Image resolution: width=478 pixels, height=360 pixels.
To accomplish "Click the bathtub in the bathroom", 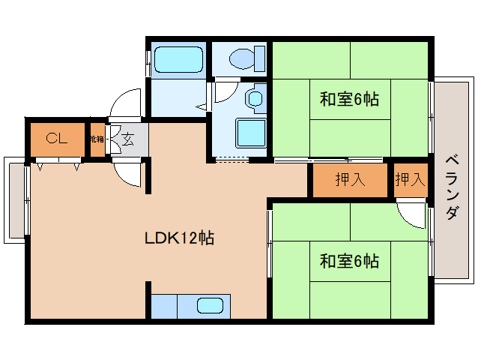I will coord(178,58).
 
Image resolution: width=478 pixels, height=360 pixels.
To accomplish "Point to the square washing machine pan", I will coord(251,133).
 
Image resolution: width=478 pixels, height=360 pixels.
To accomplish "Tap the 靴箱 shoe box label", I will coord(97,139).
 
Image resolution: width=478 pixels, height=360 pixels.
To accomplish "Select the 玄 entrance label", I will coord(127,139).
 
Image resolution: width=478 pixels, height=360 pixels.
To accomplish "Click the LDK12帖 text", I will coord(179,238).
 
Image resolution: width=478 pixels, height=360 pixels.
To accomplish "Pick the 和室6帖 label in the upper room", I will coord(348,99).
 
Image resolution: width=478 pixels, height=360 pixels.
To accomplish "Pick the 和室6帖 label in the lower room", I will coord(348,261).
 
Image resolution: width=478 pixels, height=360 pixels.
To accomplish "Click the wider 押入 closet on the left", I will coord(349,180).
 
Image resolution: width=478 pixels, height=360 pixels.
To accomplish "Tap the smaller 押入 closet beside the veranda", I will coord(410,180).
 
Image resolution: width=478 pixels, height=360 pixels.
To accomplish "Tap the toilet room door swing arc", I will coord(223,92).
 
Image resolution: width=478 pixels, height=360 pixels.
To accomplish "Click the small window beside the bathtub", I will coord(148,60).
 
